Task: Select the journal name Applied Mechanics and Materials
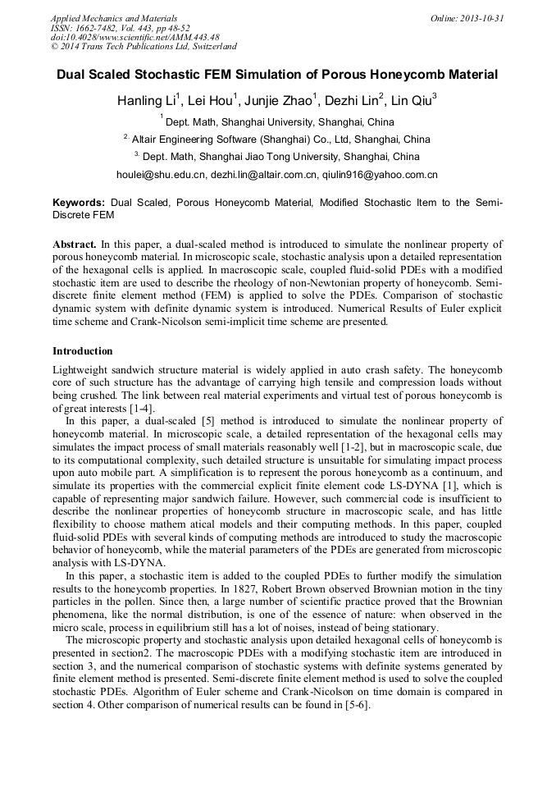click(x=114, y=18)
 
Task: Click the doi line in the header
click(x=134, y=38)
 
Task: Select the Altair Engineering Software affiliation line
click(x=280, y=140)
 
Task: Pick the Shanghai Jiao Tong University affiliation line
click(x=280, y=157)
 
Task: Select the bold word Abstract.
click(x=75, y=245)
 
